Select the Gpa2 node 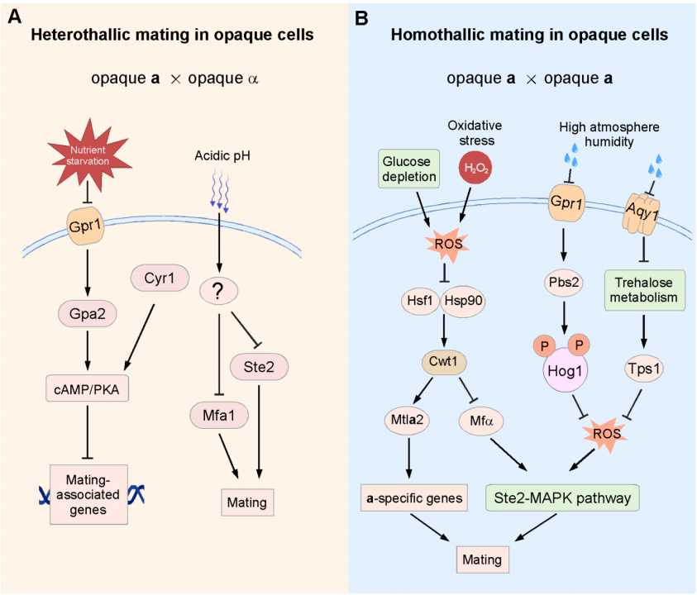85,314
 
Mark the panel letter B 361,16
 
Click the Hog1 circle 564,370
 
